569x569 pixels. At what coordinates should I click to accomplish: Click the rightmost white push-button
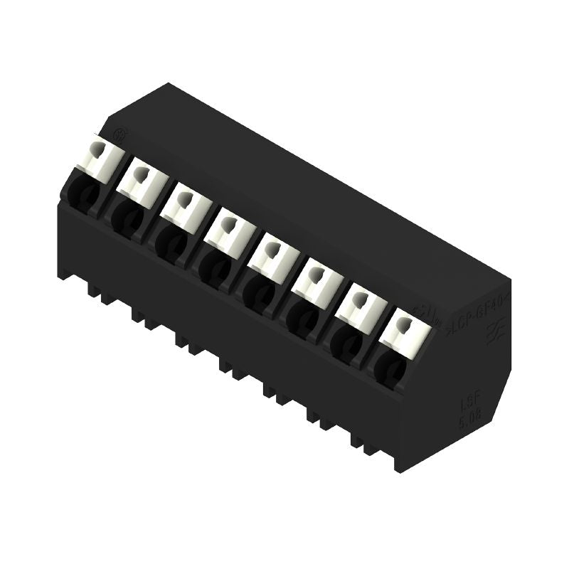tap(403, 329)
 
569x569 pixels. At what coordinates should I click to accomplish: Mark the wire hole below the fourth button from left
tap(213, 265)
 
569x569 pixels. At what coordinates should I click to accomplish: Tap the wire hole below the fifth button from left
tap(257, 291)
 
